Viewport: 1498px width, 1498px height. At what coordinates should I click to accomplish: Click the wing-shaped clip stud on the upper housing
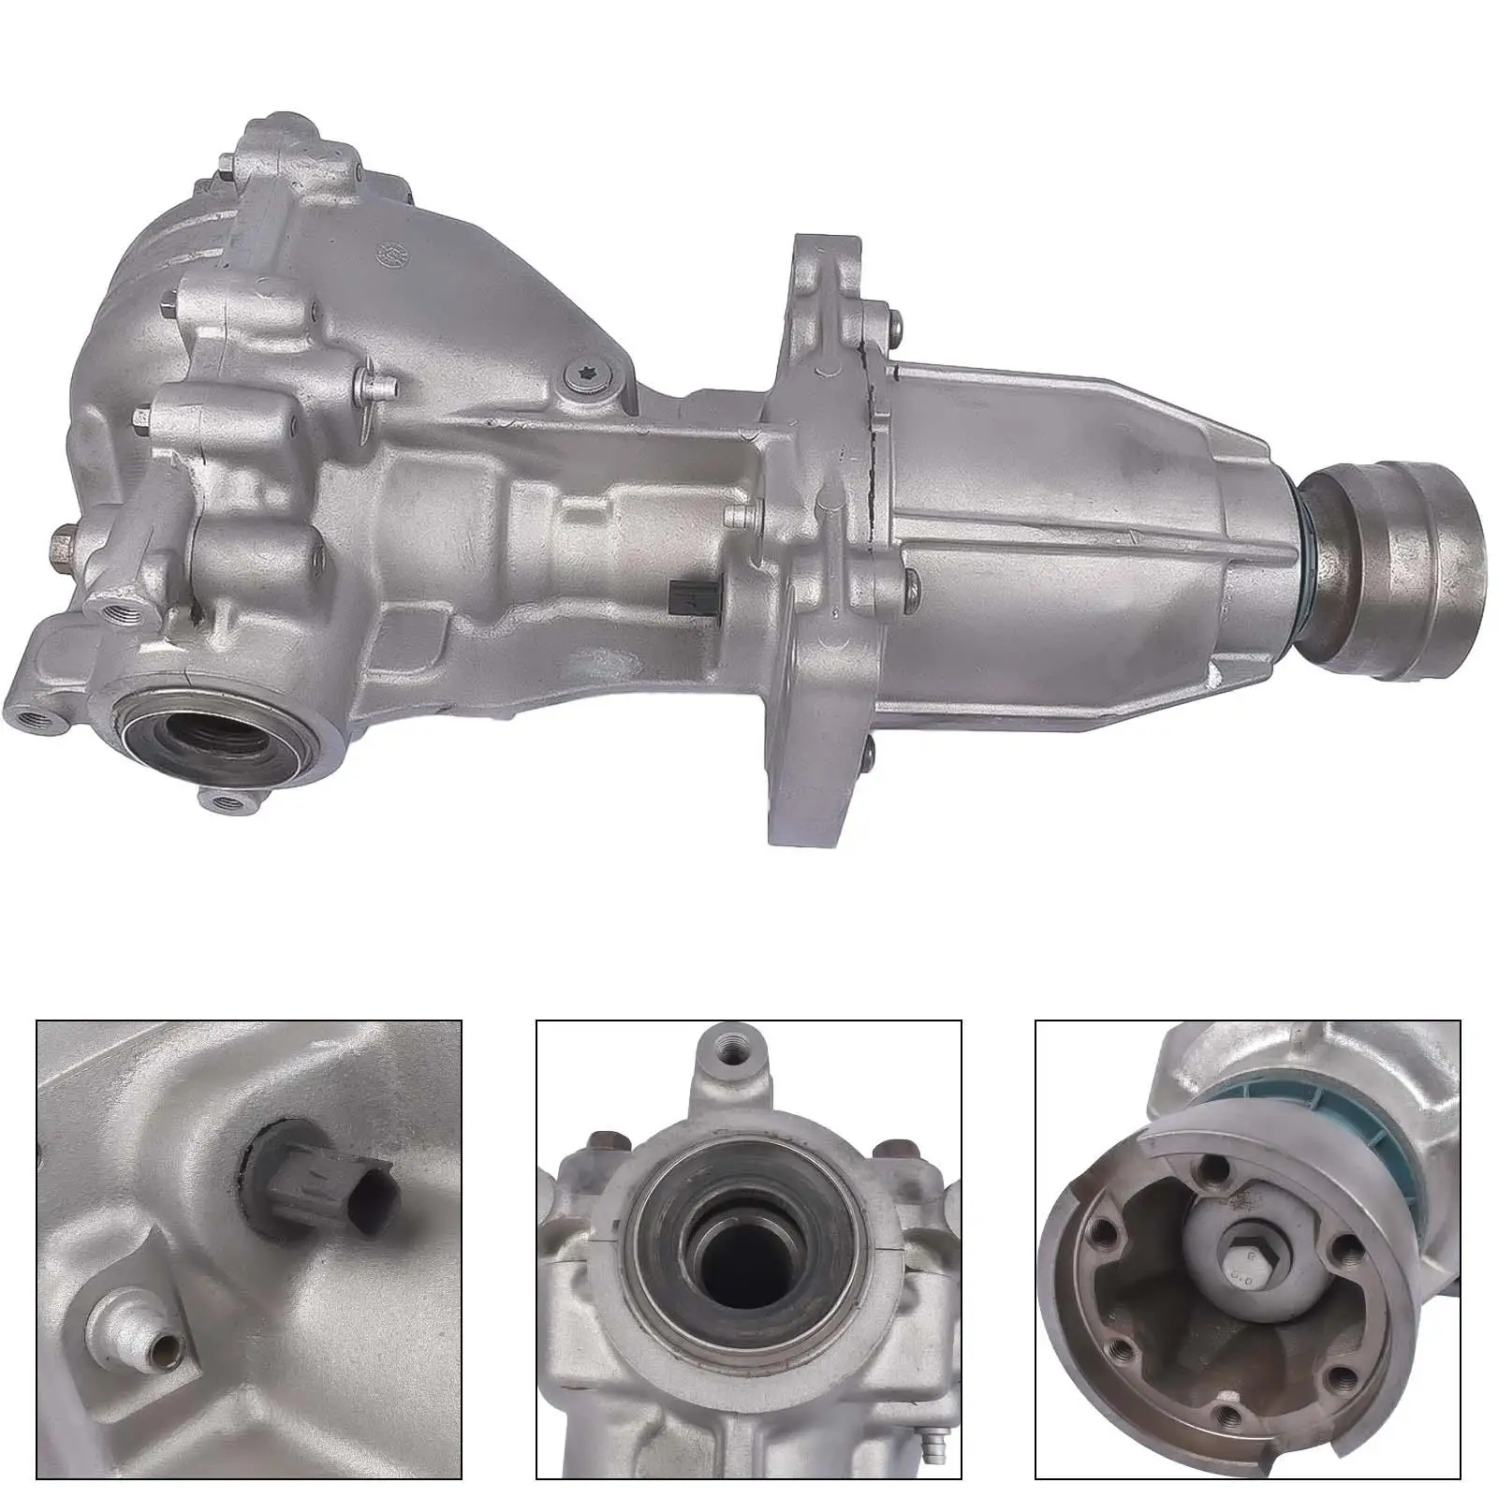coord(374,382)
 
